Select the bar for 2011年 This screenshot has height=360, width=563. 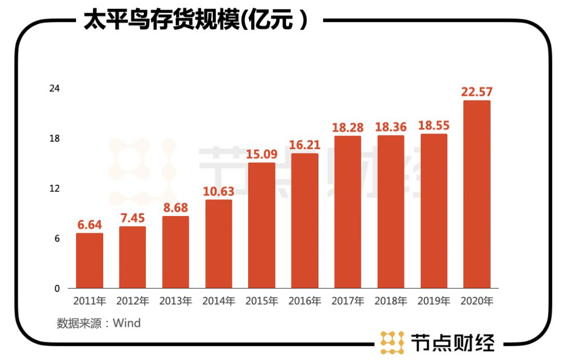(x=90, y=260)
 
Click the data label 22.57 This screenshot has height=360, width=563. (x=476, y=92)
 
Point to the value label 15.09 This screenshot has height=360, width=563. (x=262, y=154)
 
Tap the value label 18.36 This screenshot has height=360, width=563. (x=390, y=127)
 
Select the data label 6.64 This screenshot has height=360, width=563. (x=90, y=225)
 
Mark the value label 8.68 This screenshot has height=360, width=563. (x=176, y=208)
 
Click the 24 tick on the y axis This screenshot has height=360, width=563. (x=54, y=89)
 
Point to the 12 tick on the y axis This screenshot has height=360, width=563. (x=54, y=188)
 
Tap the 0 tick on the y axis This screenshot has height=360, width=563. (x=57, y=289)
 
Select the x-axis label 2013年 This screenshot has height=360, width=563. (x=176, y=301)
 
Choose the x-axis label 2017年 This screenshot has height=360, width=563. (x=348, y=301)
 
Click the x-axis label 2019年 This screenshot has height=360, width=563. (x=434, y=301)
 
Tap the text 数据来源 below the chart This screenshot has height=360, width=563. (x=78, y=323)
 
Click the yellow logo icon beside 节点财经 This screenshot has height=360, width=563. (x=392, y=342)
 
